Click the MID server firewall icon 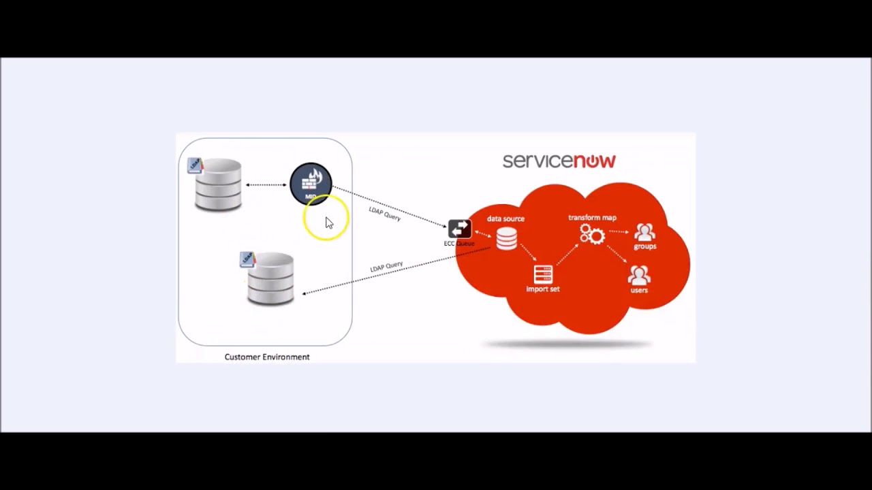pos(311,183)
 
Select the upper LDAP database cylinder pos(218,184)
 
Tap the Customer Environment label pos(267,357)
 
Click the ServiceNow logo pos(559,161)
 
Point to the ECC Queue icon pos(459,229)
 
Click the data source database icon pos(506,238)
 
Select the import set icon pos(543,274)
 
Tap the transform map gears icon pos(592,235)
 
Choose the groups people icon pos(644,232)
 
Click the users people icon pos(639,275)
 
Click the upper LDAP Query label pos(385,213)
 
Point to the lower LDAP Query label pos(386,267)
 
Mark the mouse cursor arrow pos(329,223)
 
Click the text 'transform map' pos(592,218)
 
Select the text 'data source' pos(505,218)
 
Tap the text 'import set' pos(543,289)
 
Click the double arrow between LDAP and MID pos(266,184)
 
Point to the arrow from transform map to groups pos(619,232)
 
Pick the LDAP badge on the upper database pos(196,165)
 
